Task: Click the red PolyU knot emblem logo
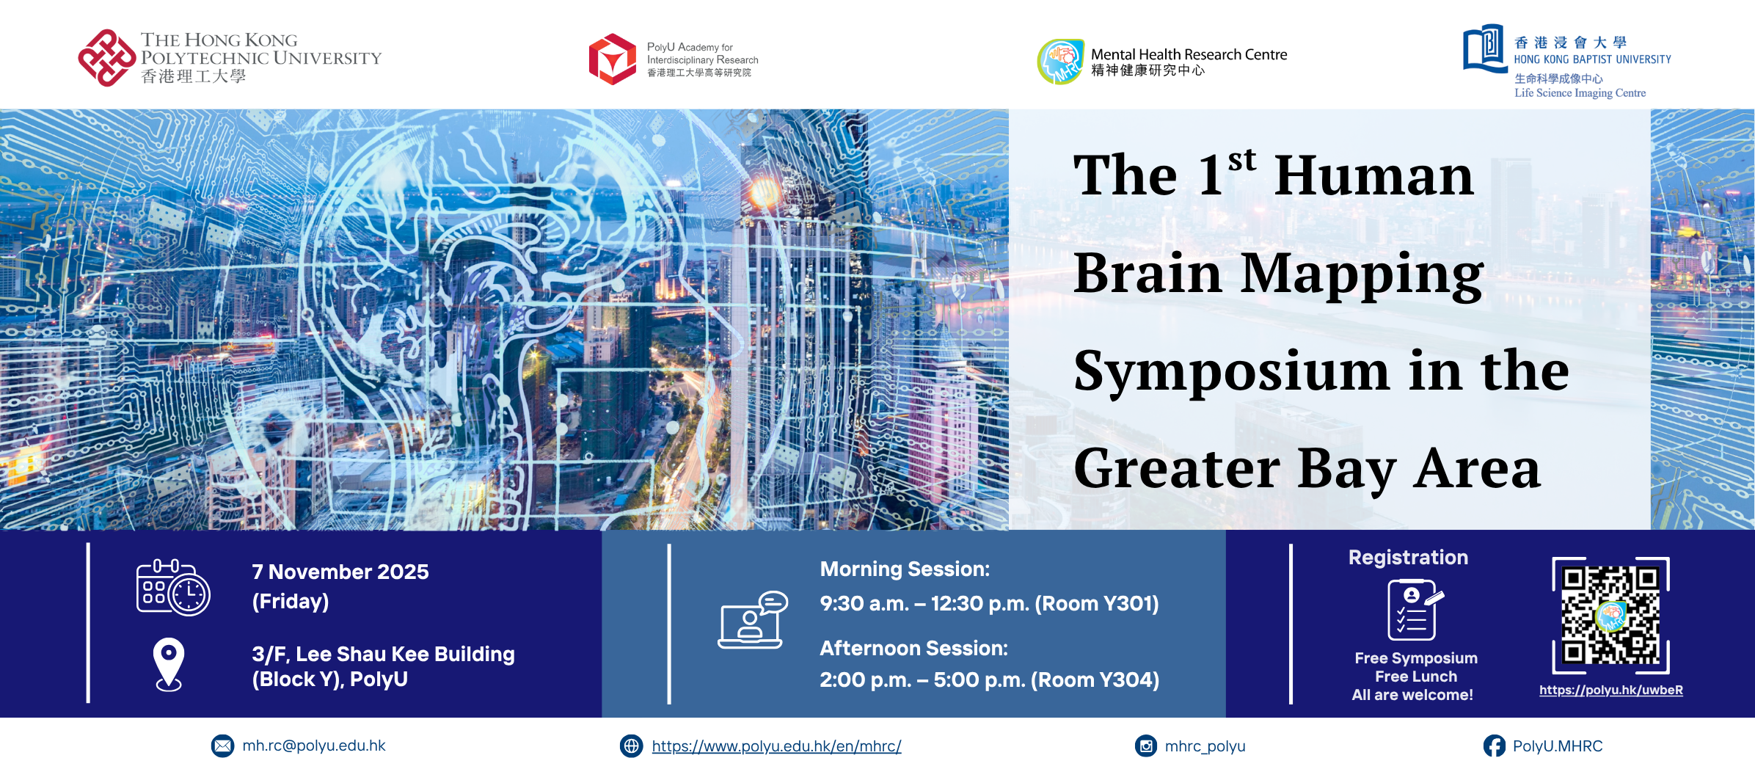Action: pos(106,58)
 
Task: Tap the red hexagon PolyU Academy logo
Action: pos(613,59)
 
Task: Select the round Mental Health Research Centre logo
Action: pos(1060,62)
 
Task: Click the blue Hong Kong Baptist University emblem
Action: pos(1484,49)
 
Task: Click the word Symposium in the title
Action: pos(1231,371)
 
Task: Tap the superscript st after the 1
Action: pos(1241,159)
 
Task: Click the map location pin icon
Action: pos(169,664)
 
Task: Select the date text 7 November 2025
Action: pos(340,572)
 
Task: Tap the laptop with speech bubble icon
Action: pos(753,620)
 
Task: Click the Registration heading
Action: pos(1408,558)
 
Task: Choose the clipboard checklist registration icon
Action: pos(1414,610)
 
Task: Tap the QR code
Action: pos(1610,615)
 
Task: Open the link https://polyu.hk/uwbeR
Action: pos(1610,690)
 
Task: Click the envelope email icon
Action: pos(222,746)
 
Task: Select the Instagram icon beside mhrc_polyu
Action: pos(1145,746)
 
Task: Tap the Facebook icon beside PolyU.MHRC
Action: pos(1494,746)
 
